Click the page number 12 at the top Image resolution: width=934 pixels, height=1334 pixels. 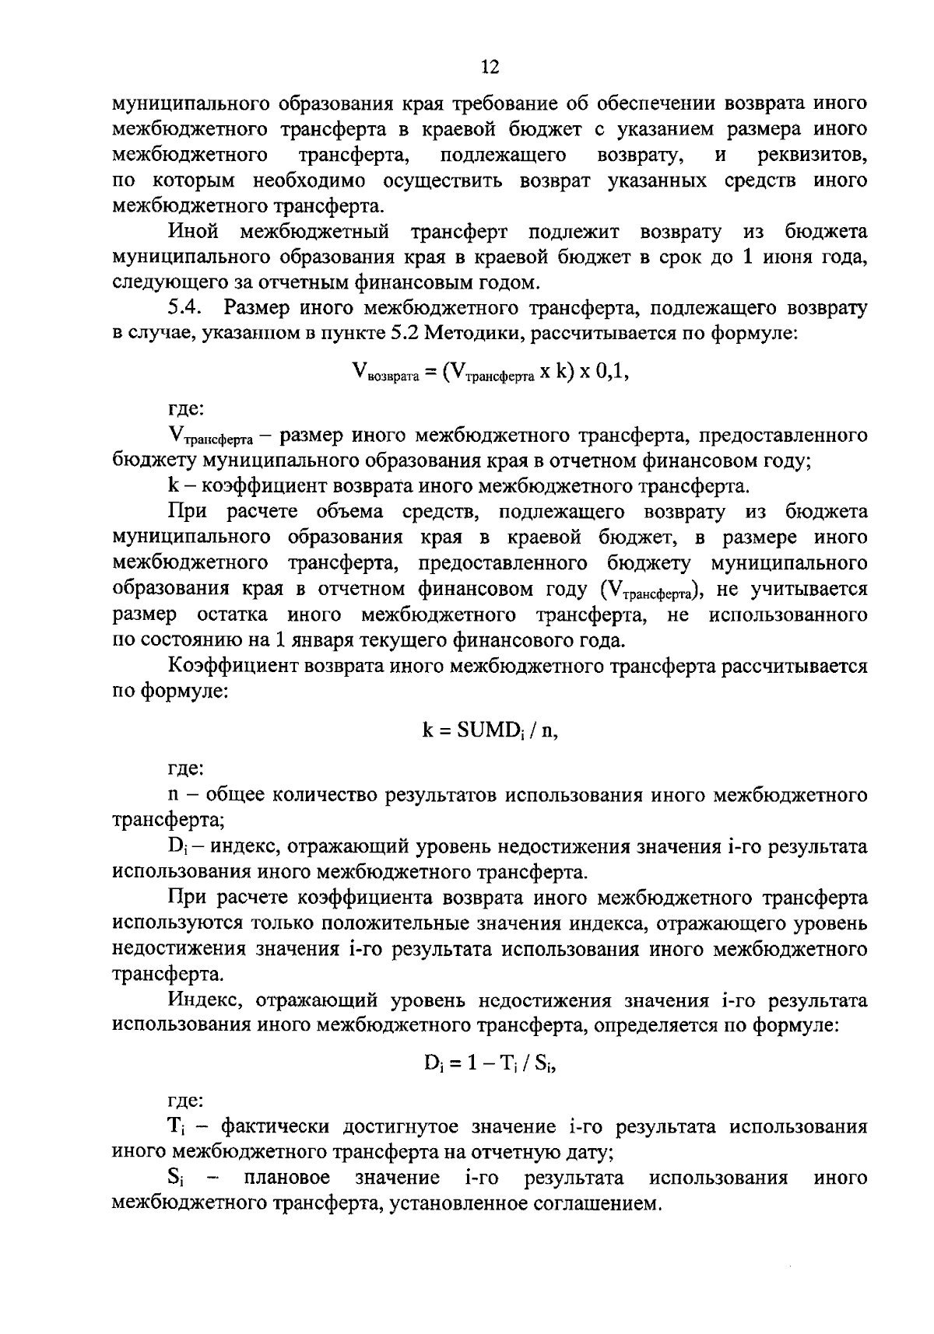point(490,68)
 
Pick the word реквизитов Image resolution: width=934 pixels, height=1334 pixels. point(813,155)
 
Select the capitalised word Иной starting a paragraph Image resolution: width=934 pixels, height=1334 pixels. point(192,232)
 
